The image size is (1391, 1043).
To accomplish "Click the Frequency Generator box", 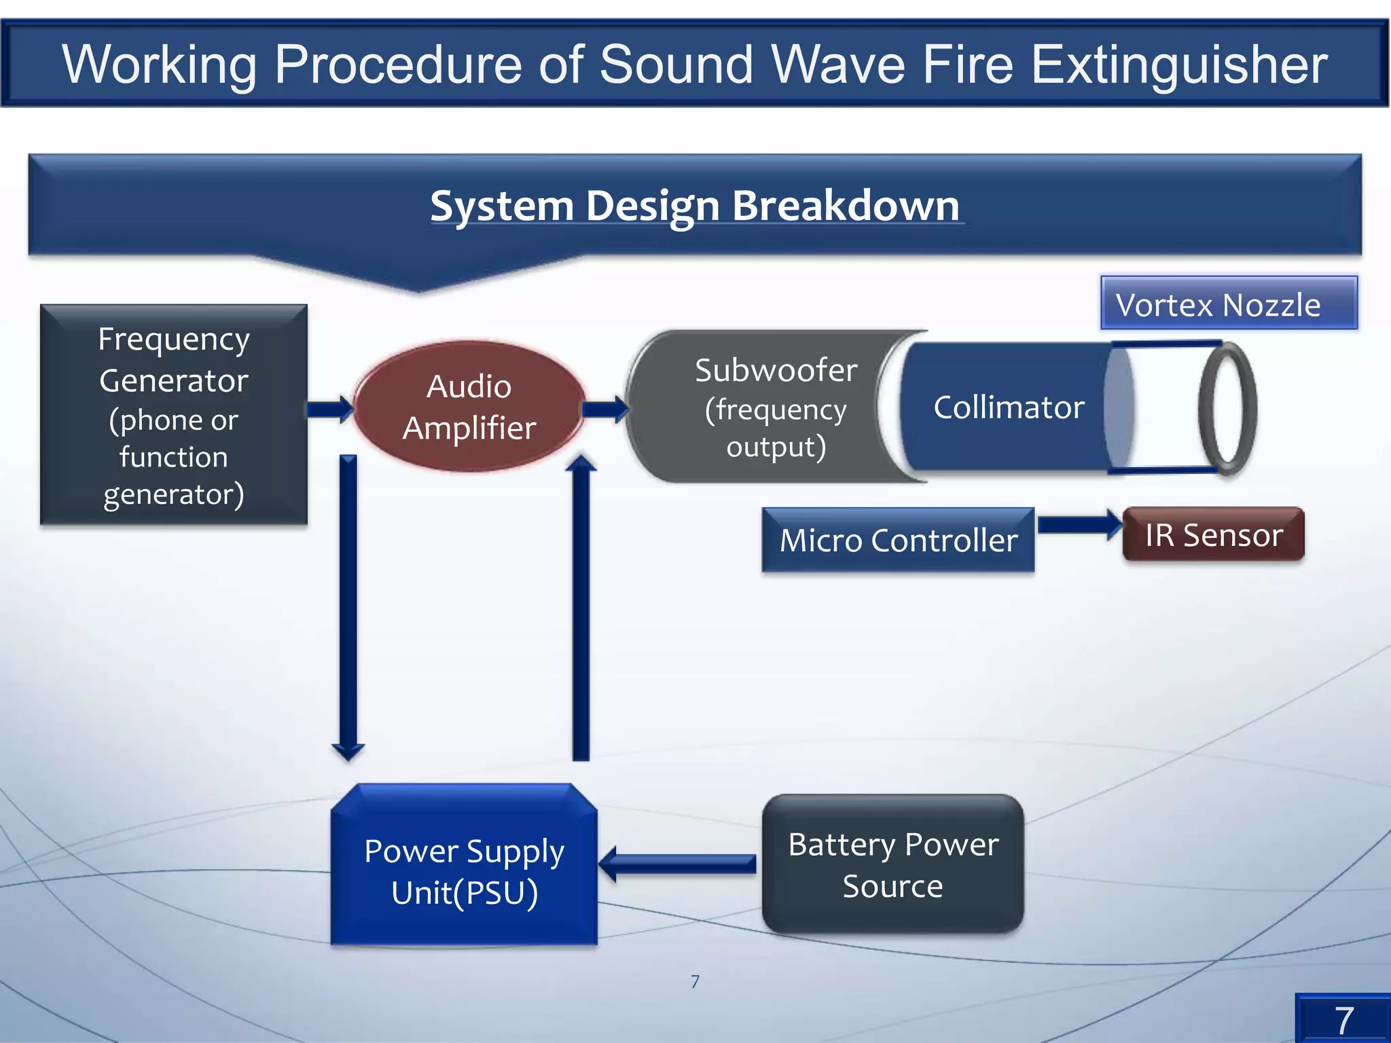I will point(174,415).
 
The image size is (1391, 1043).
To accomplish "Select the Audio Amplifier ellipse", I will point(469,407).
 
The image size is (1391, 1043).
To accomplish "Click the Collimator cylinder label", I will point(1009,407).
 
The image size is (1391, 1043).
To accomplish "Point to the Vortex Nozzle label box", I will point(1228,304).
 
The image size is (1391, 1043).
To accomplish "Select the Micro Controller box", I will point(898,541).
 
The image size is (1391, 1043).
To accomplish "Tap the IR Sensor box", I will point(1213,535).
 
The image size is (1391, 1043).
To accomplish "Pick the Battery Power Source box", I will point(892,864).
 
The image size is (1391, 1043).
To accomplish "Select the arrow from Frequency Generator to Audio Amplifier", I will point(329,409).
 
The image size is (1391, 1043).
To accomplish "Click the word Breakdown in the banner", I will point(845,206).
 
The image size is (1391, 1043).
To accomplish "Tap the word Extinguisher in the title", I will point(1179,65).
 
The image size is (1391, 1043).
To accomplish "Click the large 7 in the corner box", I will point(1343,1021).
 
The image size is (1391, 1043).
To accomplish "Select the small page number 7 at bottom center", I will point(695,981).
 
